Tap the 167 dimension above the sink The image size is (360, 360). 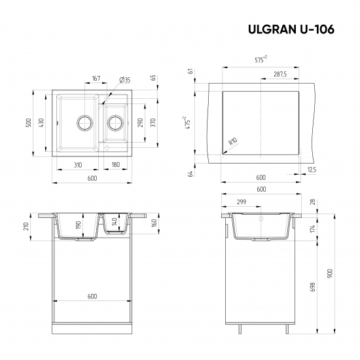coord(96,79)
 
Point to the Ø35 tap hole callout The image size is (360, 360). coord(124,79)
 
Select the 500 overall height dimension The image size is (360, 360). coord(28,122)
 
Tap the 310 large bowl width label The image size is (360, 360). coord(78,164)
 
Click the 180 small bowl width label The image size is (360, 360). coord(115,164)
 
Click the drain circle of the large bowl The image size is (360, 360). coord(84,122)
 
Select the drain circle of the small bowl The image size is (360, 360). coord(115,122)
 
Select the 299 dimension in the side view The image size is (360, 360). coord(242,202)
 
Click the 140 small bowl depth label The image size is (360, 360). coord(115,222)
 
